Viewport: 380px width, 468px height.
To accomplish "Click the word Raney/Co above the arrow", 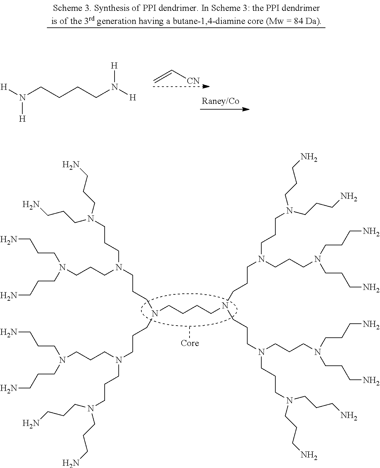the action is coord(220,101).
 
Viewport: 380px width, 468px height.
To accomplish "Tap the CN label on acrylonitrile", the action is coord(193,81).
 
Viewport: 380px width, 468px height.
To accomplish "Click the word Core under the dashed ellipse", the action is coord(190,343).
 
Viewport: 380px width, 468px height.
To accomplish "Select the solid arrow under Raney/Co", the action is coord(225,109).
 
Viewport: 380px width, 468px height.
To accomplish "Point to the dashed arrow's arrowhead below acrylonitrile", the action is coord(206,86).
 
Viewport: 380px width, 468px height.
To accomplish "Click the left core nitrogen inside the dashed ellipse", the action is coord(155,313).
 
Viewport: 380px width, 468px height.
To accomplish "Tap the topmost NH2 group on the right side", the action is coord(309,157).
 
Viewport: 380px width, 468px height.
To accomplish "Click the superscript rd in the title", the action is coord(92,18).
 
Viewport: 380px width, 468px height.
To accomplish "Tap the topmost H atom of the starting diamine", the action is coord(114,66).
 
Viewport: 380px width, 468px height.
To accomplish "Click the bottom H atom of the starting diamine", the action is coord(22,119).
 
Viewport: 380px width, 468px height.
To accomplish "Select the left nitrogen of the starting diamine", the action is coord(22,97).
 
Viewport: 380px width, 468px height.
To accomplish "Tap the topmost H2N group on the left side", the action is coord(71,165).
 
